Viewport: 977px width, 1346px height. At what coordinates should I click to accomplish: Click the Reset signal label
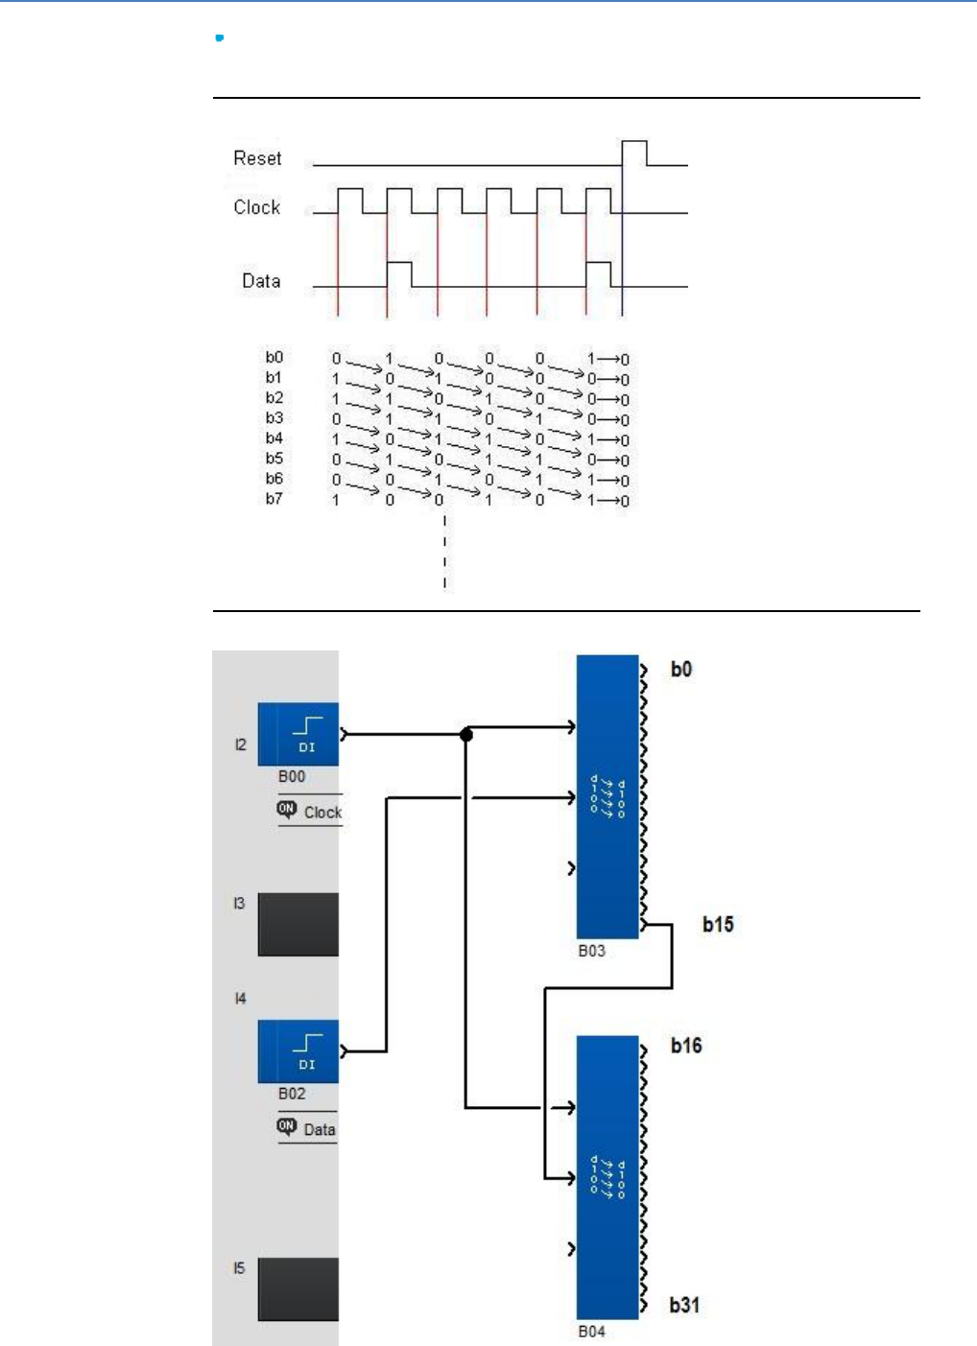point(257,158)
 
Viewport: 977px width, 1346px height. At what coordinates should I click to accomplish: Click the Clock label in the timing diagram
point(256,207)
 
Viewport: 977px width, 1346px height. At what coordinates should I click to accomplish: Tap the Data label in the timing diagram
point(260,281)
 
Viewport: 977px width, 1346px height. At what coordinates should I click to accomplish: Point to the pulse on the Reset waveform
point(634,153)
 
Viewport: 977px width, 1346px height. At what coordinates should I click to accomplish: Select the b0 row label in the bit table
point(274,357)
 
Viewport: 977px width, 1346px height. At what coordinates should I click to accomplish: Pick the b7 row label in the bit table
point(274,499)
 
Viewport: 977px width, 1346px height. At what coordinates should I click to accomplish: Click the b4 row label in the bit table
point(274,438)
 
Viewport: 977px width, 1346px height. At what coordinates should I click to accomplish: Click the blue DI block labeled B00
point(298,734)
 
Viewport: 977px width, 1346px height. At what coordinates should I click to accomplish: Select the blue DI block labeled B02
point(298,1051)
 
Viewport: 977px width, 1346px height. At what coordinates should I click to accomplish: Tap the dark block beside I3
point(298,925)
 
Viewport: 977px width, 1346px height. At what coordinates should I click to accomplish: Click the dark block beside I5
point(298,1289)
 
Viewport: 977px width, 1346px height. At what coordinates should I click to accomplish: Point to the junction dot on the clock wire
point(466,735)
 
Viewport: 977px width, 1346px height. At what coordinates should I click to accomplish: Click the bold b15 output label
point(718,925)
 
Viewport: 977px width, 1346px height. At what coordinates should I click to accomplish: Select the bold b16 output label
point(686,1046)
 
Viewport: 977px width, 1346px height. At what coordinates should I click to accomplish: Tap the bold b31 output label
point(684,1305)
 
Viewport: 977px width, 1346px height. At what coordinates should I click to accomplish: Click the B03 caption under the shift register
point(591,951)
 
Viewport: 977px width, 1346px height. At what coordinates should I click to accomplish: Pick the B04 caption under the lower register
point(591,1332)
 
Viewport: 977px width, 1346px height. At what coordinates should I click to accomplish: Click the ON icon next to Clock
point(287,810)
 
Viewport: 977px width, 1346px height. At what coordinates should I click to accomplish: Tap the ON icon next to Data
point(287,1126)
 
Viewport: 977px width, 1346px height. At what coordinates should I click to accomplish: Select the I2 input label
point(240,744)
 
